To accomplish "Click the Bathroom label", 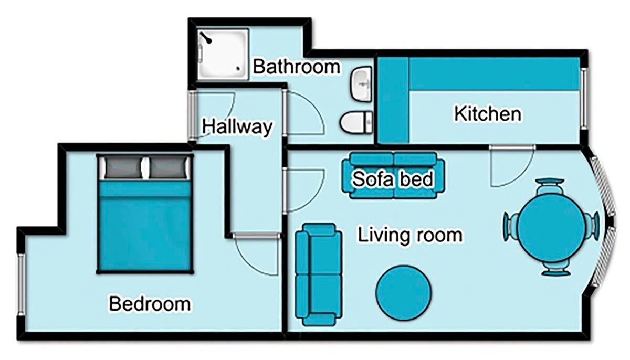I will pyautogui.click(x=297, y=67).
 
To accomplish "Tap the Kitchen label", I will pyautogui.click(x=488, y=113).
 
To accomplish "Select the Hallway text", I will pyautogui.click(x=237, y=126).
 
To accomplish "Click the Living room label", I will pyautogui.click(x=410, y=235).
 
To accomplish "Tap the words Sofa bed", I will pyautogui.click(x=393, y=179).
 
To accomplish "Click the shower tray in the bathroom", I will pyautogui.click(x=222, y=54).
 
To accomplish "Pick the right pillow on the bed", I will pyautogui.click(x=167, y=168).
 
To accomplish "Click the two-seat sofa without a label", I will pyautogui.click(x=316, y=273).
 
